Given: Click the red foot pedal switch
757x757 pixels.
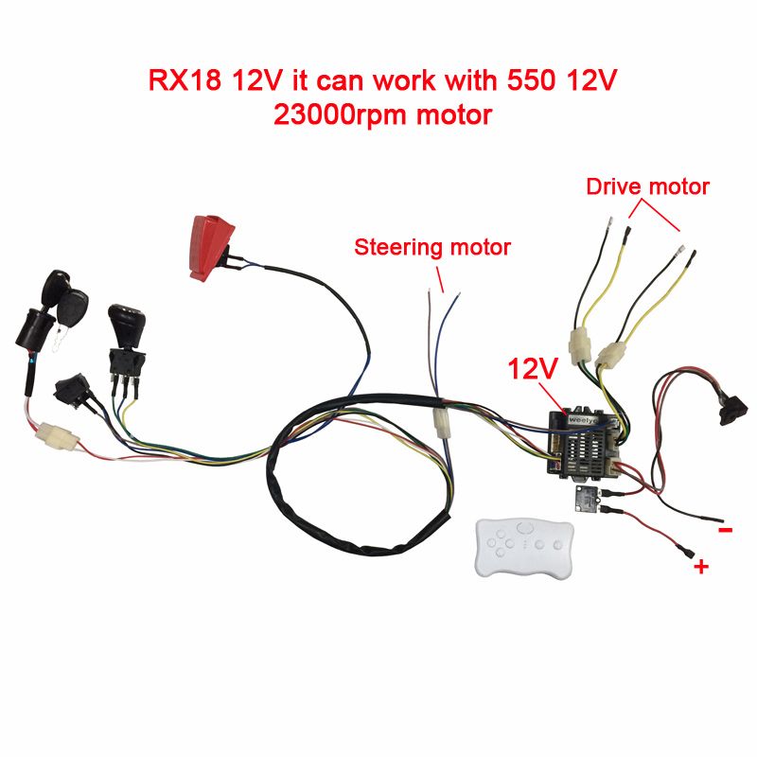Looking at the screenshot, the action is [211, 248].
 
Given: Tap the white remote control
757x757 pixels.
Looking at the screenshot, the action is [525, 547].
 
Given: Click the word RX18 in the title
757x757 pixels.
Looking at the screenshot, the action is [185, 80].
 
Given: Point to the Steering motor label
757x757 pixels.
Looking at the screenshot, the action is [432, 247].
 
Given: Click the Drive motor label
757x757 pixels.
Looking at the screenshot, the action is [648, 186].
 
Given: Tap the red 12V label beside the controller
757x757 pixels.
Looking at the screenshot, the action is [533, 369].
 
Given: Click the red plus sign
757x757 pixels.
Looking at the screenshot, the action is [701, 566].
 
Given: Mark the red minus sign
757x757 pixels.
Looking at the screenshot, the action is [726, 530].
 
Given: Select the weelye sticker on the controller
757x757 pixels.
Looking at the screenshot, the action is [585, 419].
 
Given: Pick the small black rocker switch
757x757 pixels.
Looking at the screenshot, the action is [73, 389].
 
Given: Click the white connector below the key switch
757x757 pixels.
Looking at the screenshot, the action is [58, 435].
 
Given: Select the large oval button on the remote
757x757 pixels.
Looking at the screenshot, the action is [525, 527].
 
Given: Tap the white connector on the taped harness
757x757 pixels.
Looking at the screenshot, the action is [442, 422].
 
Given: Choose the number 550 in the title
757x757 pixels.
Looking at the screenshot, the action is [531, 80].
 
